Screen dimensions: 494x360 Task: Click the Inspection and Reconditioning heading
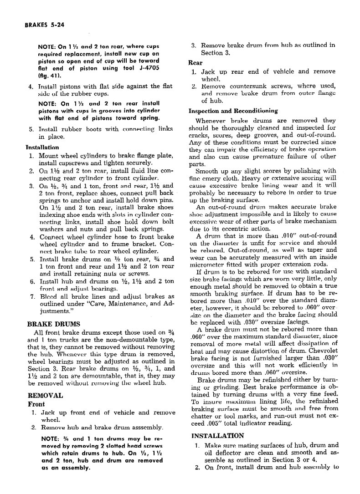(x=233, y=111)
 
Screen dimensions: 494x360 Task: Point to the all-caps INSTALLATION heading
(x=218, y=435)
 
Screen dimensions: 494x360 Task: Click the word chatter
(x=202, y=416)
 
